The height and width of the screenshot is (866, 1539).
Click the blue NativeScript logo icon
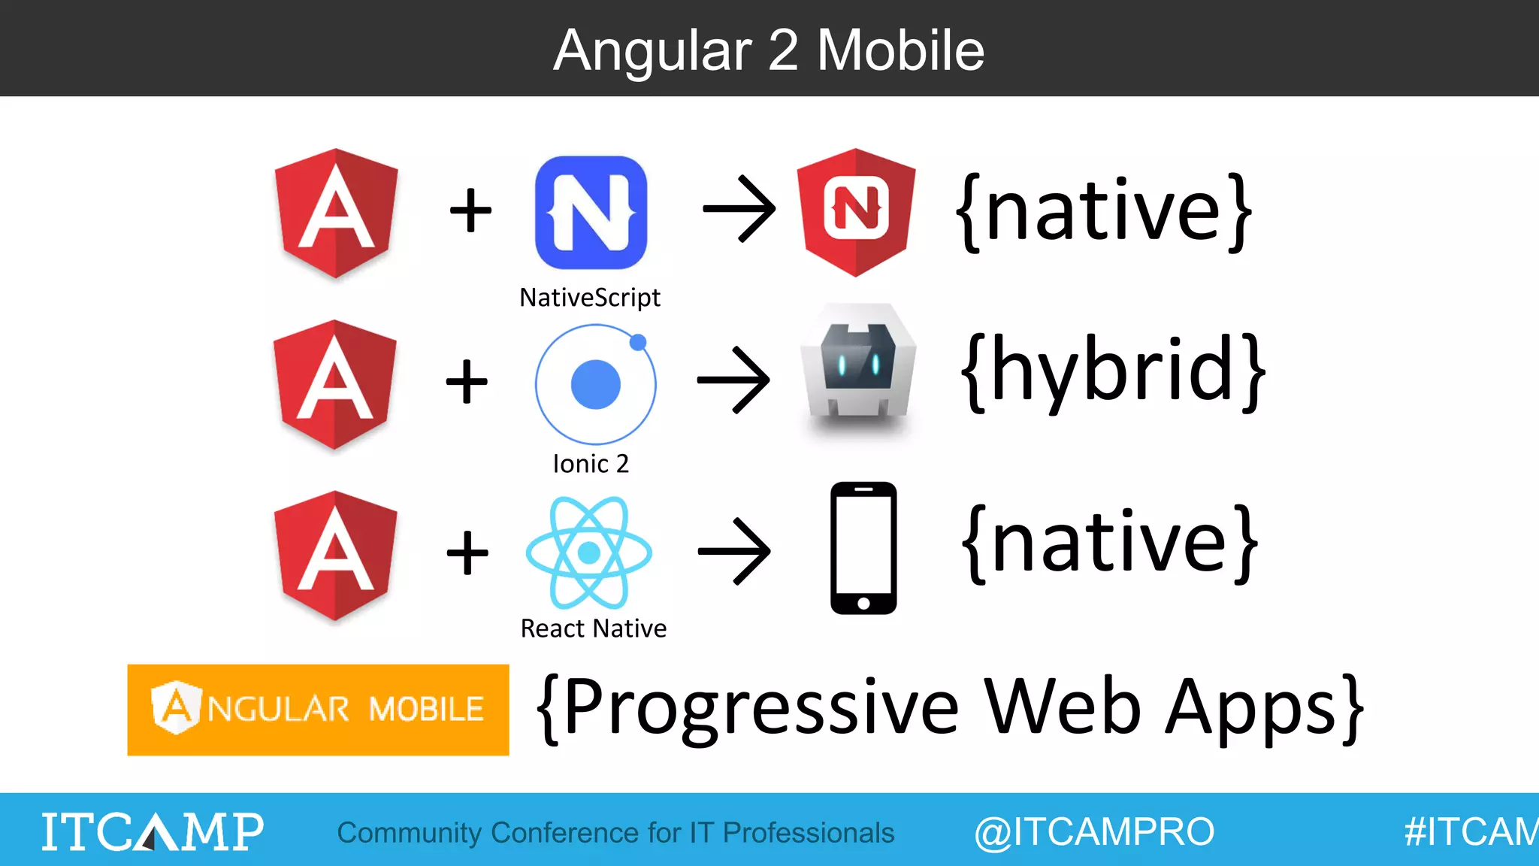(x=591, y=213)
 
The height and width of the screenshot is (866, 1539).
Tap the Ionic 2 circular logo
(x=595, y=384)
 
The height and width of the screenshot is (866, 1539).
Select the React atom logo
(x=588, y=553)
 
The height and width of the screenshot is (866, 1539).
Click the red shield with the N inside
(x=856, y=211)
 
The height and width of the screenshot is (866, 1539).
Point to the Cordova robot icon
(x=858, y=368)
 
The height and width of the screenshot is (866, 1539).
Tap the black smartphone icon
(x=863, y=548)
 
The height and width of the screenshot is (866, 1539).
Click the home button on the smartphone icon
(x=863, y=603)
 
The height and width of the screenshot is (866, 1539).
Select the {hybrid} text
(x=1112, y=371)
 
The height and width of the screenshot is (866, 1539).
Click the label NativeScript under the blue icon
(x=590, y=298)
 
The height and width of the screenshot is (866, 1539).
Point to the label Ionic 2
(x=591, y=464)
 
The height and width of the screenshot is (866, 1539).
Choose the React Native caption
(x=593, y=628)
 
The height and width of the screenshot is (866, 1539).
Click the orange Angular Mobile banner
(x=318, y=710)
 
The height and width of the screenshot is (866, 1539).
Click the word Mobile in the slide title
(x=900, y=50)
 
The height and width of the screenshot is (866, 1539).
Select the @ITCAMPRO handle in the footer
(x=1094, y=832)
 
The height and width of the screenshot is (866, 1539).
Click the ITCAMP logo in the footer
(x=152, y=831)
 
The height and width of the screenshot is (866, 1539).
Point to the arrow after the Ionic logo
(x=733, y=380)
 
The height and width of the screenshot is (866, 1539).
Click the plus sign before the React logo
(x=467, y=553)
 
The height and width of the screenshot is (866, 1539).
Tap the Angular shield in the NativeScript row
(x=336, y=213)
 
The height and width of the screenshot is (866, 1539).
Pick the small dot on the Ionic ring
(x=638, y=343)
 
